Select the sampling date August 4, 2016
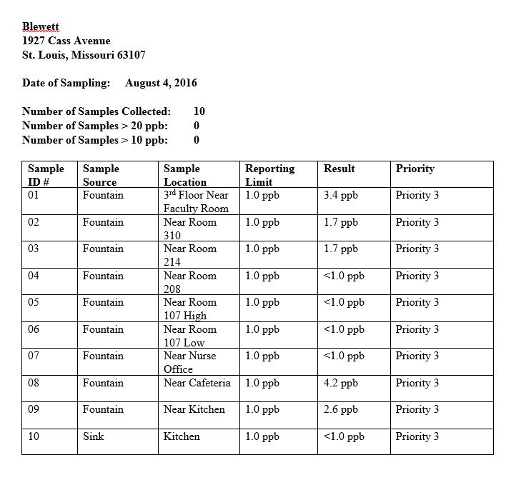tap(161, 83)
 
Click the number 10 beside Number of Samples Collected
tap(199, 111)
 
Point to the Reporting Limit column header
tap(269, 175)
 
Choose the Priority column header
tap(415, 169)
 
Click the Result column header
tap(339, 169)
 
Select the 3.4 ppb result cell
tap(340, 195)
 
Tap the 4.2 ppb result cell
tap(340, 383)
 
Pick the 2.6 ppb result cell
tap(340, 410)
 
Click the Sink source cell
tap(93, 436)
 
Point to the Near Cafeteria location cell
tap(197, 383)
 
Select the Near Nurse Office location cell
tap(189, 362)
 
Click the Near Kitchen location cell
tap(194, 410)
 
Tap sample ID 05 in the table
tap(34, 302)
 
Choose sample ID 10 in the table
tap(34, 436)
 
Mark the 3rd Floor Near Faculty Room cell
tap(196, 201)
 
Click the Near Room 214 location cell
tap(189, 255)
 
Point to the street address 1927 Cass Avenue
tap(66, 41)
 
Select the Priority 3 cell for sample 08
tap(417, 383)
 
